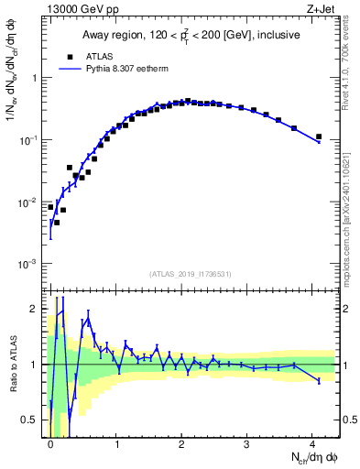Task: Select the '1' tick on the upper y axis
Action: tap(35, 78)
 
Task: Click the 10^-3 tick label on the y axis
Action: tap(29, 264)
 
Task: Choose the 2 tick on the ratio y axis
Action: tap(35, 309)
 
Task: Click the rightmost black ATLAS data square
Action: tap(318, 136)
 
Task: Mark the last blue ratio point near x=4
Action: tap(318, 380)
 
